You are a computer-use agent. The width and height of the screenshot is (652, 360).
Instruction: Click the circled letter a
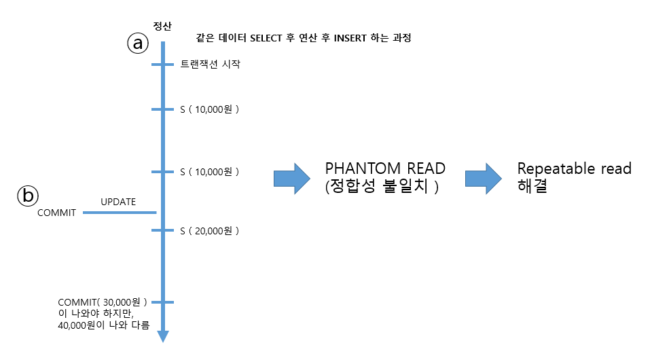137,43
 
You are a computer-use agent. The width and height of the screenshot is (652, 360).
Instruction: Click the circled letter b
28,196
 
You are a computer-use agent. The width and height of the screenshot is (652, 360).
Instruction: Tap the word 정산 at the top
162,26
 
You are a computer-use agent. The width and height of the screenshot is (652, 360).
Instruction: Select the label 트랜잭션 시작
210,65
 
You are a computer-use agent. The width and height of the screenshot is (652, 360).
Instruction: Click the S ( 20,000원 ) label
210,231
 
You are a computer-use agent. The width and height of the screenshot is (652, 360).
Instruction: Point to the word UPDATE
118,202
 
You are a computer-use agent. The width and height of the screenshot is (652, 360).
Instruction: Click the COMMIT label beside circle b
56,213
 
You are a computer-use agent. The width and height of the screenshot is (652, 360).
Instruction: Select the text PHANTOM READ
385,168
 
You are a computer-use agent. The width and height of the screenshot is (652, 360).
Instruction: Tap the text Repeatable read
574,168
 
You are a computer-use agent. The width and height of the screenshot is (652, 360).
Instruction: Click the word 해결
532,186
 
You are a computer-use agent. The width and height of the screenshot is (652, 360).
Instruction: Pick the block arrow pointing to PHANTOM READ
290,178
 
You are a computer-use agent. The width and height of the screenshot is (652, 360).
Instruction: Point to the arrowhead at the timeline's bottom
163,336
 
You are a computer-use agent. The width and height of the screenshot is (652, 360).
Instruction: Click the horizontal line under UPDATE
120,213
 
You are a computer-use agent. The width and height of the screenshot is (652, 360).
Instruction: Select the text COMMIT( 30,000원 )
103,302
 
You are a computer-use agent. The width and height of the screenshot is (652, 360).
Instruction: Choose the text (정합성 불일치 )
382,187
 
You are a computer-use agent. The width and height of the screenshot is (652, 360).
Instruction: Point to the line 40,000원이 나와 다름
104,325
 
